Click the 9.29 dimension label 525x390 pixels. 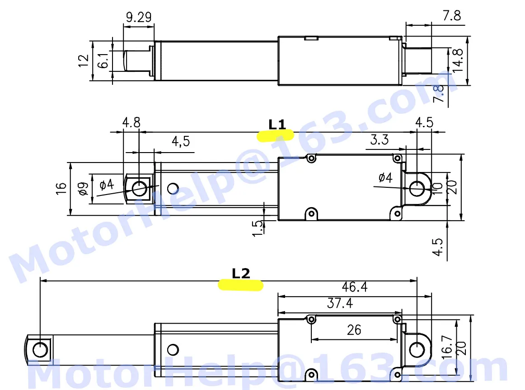[139, 17]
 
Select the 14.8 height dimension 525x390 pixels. [457, 60]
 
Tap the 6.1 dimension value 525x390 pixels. [103, 60]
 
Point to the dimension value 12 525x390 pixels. [84, 61]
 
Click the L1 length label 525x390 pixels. [277, 125]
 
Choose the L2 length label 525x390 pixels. [241, 274]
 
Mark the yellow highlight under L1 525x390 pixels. [275, 136]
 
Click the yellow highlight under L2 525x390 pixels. [240, 285]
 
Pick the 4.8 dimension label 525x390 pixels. [131, 122]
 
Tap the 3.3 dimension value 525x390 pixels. [380, 139]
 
